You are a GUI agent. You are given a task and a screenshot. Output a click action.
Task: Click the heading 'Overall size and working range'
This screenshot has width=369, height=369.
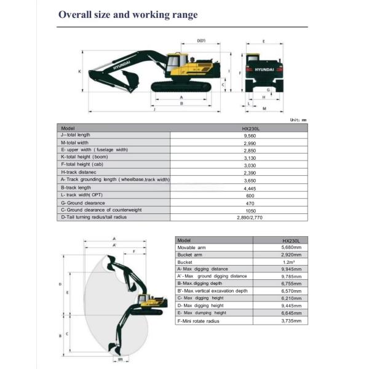point(128,15)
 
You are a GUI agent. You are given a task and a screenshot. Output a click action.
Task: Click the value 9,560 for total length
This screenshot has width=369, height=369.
point(250,136)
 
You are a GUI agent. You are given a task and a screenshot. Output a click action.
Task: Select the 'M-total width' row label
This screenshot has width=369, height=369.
point(74,143)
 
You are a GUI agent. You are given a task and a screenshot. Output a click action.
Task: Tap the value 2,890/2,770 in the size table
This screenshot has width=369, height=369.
point(250,218)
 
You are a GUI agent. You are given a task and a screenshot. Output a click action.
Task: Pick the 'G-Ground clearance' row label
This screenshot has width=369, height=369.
point(83,203)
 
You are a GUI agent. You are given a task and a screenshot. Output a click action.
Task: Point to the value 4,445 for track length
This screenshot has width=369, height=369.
point(250,189)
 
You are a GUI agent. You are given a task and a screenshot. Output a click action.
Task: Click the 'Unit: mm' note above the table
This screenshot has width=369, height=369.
point(298,120)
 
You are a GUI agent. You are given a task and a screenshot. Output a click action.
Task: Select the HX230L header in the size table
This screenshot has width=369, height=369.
point(251,129)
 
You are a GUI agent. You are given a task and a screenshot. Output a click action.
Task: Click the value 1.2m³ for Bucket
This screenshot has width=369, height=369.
point(289,262)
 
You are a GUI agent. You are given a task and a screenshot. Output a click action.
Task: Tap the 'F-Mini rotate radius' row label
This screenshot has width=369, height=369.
point(198,321)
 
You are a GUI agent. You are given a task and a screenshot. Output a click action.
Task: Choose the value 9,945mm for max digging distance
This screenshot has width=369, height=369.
point(292,269)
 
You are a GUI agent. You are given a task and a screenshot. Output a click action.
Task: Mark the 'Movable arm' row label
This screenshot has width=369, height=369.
point(191,248)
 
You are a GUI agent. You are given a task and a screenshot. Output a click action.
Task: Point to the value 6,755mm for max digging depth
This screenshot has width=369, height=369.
point(292,284)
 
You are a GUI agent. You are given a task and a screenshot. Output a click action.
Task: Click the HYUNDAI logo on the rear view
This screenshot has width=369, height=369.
point(264,69)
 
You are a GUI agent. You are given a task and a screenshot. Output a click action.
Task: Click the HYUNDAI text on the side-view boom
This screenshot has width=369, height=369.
point(121,65)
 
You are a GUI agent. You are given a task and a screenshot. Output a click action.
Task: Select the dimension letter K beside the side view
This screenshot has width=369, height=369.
point(80,71)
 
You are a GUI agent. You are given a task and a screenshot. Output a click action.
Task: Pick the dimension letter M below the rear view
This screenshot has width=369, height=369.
point(264,108)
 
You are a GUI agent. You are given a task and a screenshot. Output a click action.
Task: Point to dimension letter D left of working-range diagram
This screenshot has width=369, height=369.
point(60,284)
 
